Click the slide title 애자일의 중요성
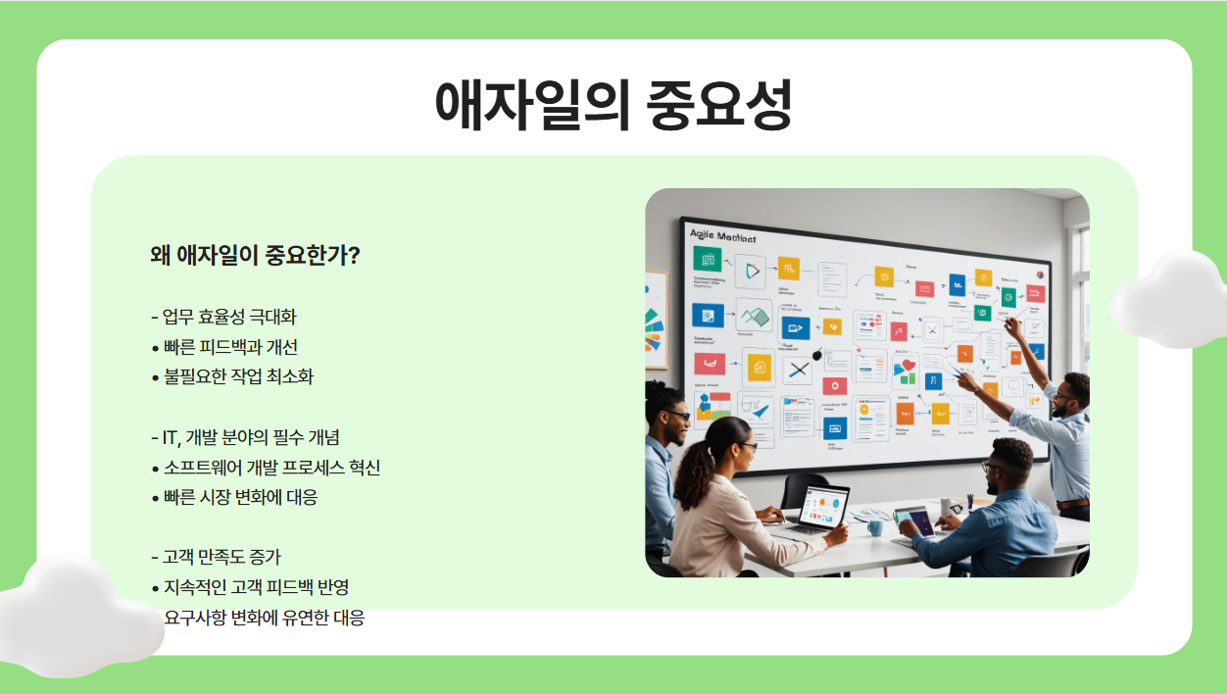point(613,103)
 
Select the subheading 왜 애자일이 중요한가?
point(255,256)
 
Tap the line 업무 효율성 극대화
point(229,317)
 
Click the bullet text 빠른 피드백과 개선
point(230,347)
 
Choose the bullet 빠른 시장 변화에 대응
point(240,497)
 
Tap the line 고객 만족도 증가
point(221,557)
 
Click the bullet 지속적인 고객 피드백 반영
point(256,587)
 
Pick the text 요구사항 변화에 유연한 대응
point(265,618)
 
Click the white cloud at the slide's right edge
point(1168,299)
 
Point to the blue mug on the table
point(874,527)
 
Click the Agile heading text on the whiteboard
point(722,236)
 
